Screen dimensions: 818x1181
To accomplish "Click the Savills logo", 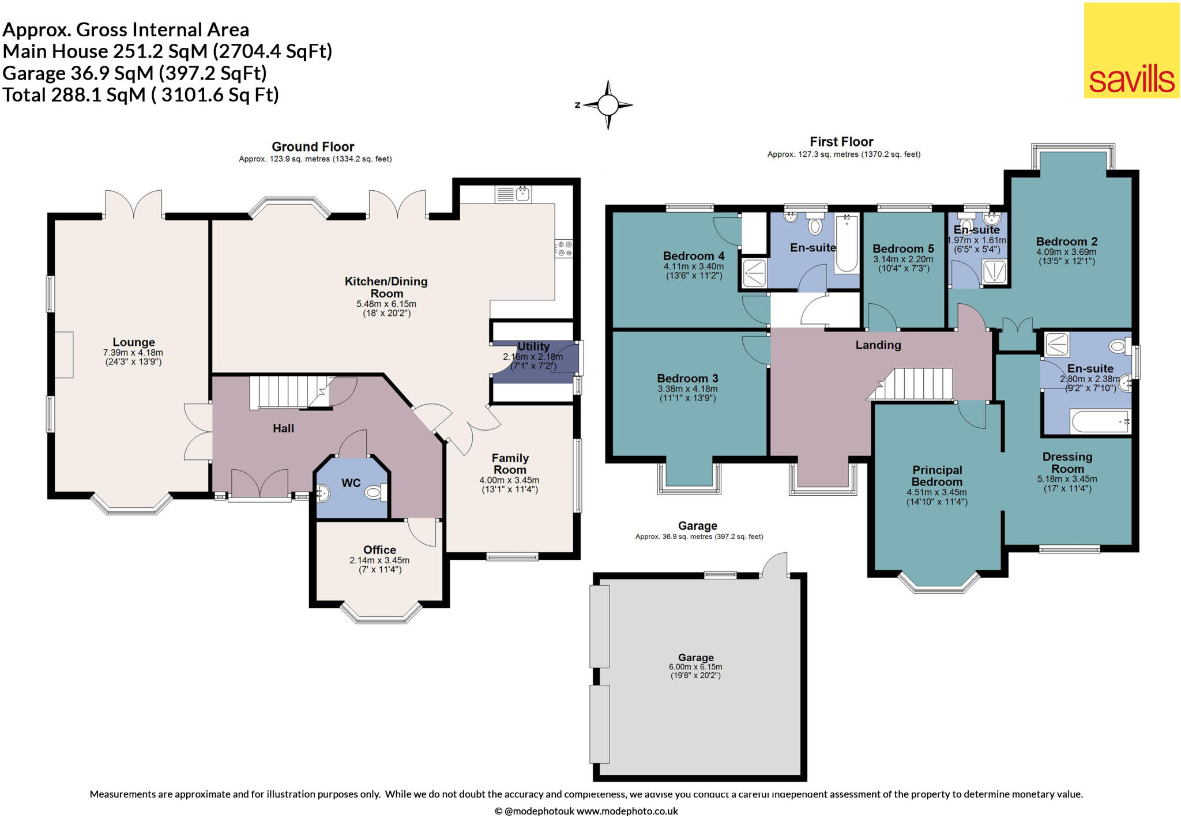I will click(1131, 51).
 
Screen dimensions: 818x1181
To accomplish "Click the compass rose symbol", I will click(607, 105).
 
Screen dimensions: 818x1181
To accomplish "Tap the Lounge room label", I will click(133, 342).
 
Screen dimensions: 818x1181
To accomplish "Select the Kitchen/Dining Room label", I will click(386, 287).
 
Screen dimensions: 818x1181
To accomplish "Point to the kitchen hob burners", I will click(565, 249).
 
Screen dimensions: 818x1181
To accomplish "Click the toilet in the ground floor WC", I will click(375, 492).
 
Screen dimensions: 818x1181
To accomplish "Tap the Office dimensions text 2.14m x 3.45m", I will click(379, 560).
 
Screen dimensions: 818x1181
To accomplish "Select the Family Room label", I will click(510, 463).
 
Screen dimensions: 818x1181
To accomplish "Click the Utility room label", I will click(533, 346).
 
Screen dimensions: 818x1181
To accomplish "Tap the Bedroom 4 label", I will click(693, 256).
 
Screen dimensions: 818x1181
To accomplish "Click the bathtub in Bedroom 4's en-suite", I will click(846, 243).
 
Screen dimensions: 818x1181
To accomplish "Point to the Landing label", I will click(878, 345).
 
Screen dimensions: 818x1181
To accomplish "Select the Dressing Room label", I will click(1067, 462).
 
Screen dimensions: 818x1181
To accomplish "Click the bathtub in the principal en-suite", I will click(1100, 422).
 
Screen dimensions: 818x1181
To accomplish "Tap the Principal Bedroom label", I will click(936, 476).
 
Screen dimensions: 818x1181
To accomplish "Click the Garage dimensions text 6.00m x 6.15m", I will click(695, 667).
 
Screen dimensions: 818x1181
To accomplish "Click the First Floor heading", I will click(841, 142).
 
